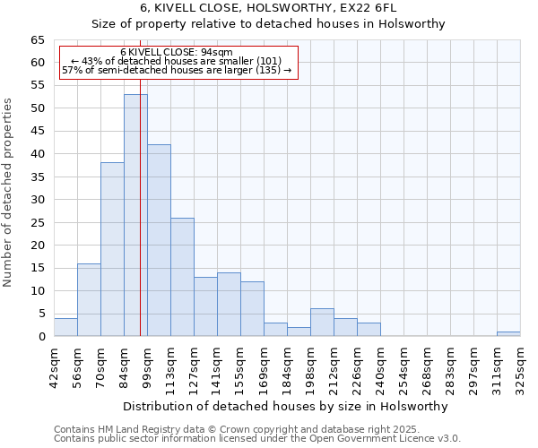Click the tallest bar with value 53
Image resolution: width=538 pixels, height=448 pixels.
pos(135,215)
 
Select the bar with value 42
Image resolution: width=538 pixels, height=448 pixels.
pos(159,240)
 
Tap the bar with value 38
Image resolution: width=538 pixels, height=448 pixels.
pos(112,249)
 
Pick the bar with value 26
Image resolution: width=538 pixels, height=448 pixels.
pos(182,277)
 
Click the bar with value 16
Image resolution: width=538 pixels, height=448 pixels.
pos(89,299)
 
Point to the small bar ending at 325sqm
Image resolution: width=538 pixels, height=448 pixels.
pos(508,334)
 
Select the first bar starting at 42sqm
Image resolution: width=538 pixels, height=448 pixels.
pos(65,327)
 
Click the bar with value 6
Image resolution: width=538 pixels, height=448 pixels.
pos(322,323)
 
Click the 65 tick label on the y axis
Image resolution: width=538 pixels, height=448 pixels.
pos(38,40)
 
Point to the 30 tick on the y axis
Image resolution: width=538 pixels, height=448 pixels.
pos(38,200)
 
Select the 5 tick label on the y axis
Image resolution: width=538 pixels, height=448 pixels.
pos(41,314)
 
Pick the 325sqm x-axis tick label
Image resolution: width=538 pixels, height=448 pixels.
pos(521,365)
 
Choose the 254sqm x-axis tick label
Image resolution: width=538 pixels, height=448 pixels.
pos(404,365)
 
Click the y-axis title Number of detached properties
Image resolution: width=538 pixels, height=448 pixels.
pos(9,193)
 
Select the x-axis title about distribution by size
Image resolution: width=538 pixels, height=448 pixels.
pos(286,406)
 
